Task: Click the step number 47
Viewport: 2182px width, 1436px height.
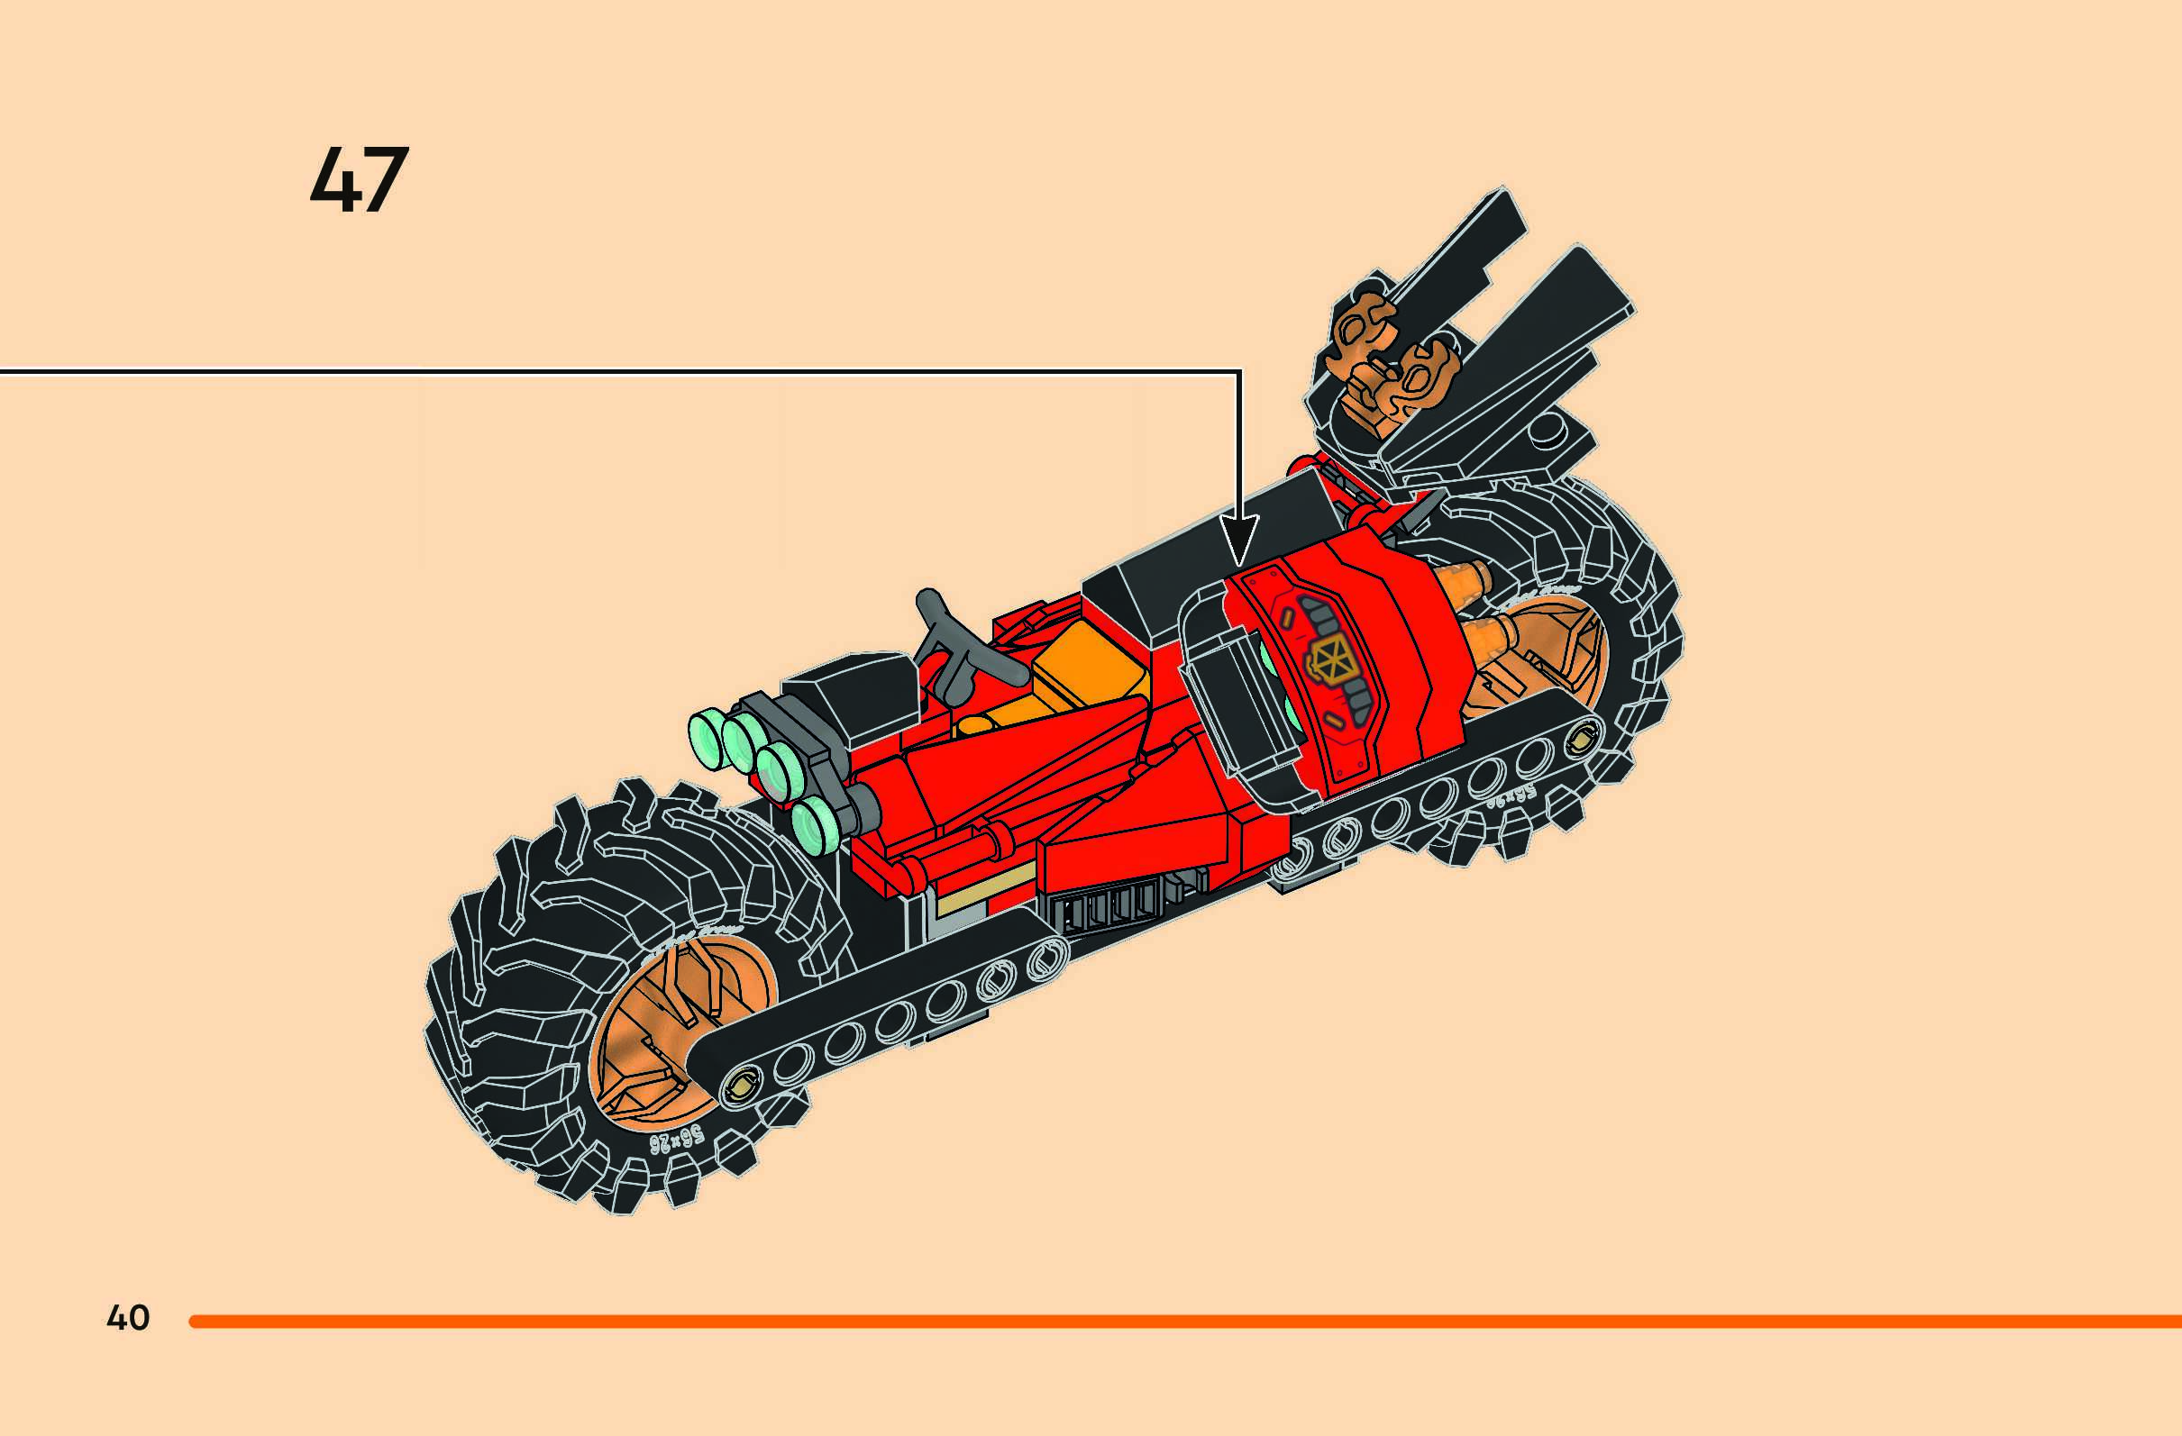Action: (359, 182)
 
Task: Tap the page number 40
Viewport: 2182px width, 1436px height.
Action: (127, 1318)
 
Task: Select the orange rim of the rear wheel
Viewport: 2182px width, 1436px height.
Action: (1549, 659)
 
